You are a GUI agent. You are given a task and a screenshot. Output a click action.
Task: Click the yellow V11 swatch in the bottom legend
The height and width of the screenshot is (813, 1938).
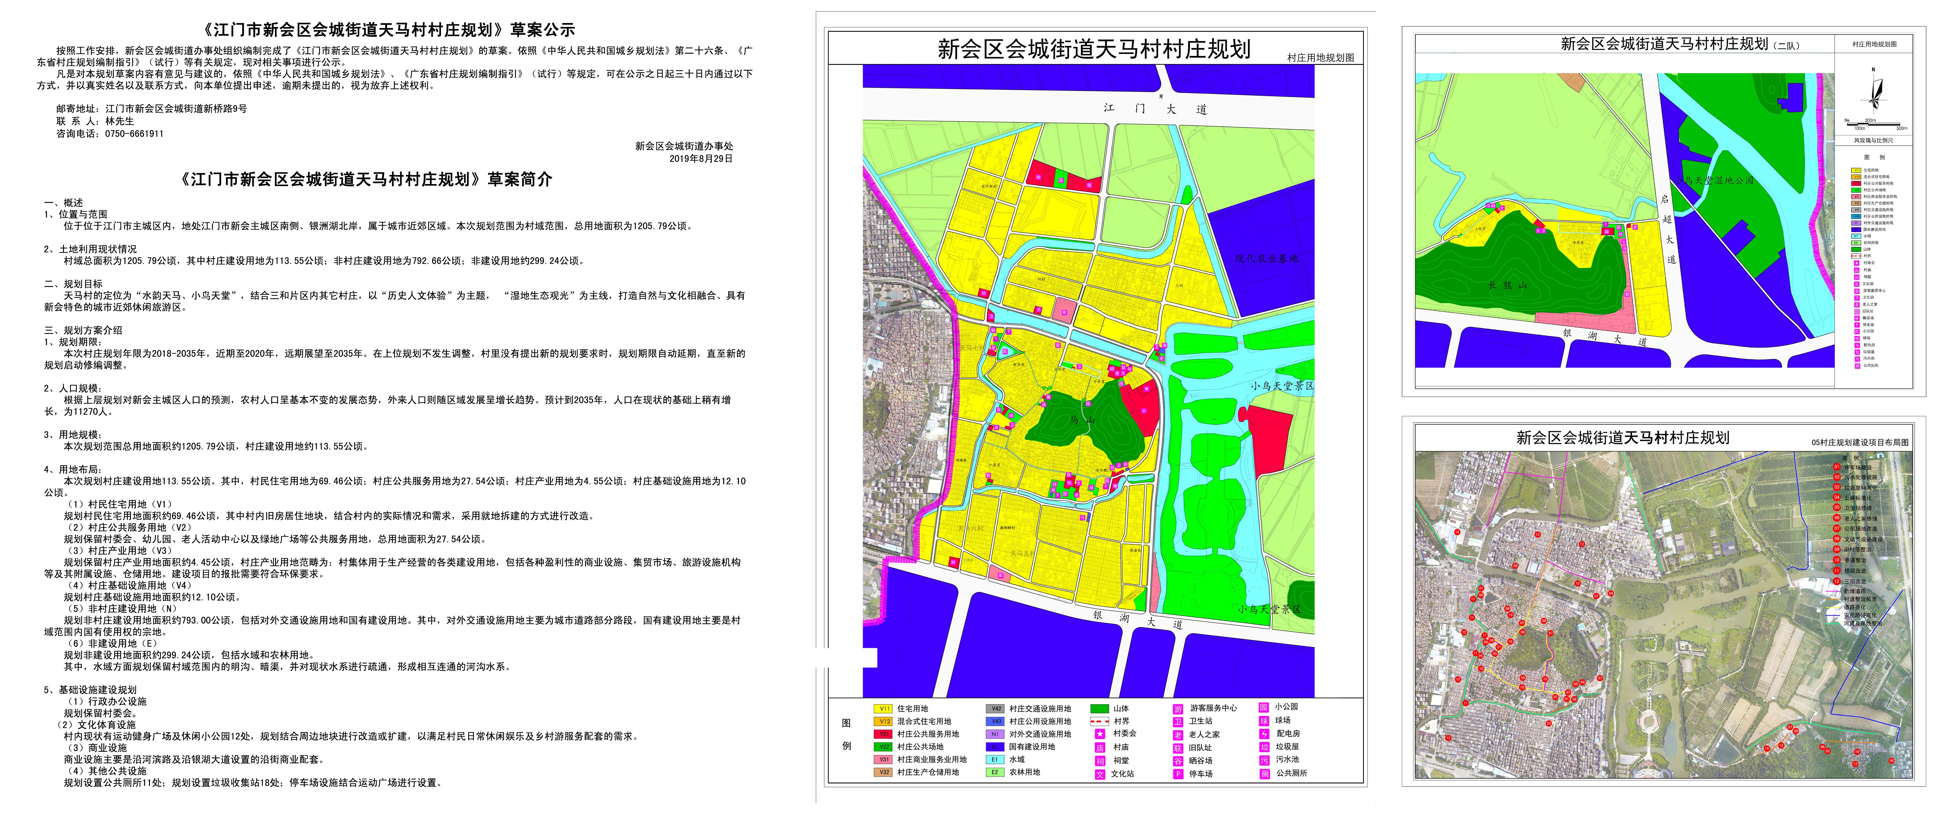click(x=883, y=708)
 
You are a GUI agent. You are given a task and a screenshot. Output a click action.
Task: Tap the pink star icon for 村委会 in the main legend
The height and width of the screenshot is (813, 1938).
click(x=1100, y=733)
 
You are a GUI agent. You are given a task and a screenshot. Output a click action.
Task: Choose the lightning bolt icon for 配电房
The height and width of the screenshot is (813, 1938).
click(x=1264, y=733)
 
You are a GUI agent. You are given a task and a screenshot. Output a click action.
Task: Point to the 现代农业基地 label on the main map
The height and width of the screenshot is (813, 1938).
click(x=1266, y=258)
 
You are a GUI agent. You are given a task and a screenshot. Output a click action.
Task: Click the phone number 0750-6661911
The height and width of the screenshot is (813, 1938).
click(x=134, y=134)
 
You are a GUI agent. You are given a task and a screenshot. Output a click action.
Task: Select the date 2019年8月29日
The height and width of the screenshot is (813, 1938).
click(x=700, y=159)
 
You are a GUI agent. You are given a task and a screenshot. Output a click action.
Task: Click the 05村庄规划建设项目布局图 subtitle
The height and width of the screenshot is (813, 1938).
click(x=1860, y=442)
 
